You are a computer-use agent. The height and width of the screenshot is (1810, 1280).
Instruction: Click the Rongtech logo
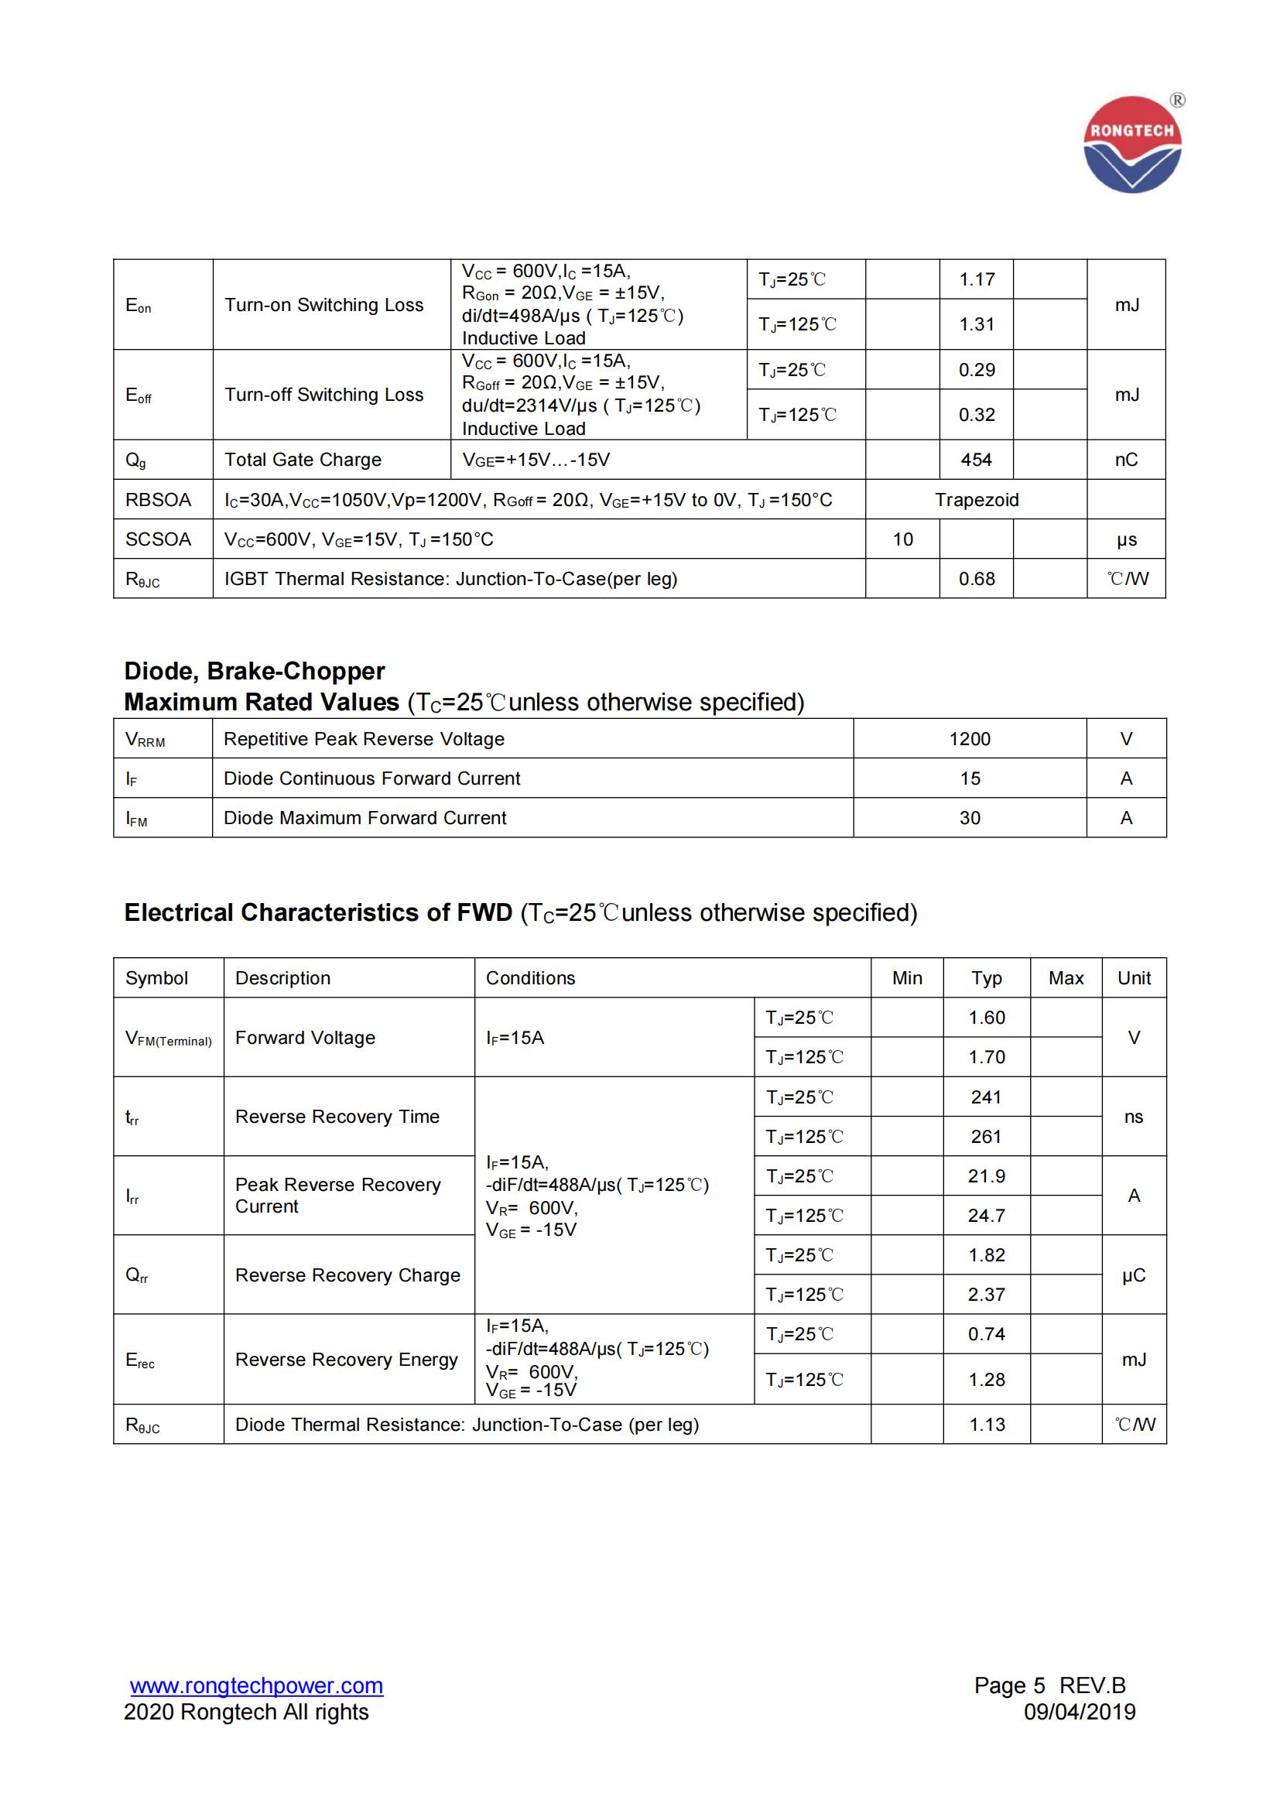[1133, 144]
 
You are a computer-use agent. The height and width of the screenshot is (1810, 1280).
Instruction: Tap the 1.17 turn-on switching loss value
[977, 279]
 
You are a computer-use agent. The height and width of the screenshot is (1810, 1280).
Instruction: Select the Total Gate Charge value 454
[976, 460]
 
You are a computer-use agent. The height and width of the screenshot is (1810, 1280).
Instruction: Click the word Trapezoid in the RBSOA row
[977, 500]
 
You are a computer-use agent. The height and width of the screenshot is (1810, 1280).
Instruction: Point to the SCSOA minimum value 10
[902, 539]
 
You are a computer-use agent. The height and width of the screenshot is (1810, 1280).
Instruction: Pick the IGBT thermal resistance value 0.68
[977, 579]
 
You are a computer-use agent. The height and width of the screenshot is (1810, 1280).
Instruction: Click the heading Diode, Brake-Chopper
[255, 671]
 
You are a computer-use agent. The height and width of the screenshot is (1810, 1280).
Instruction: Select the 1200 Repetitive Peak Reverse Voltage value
[970, 739]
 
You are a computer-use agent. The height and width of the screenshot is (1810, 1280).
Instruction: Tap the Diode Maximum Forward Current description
[365, 817]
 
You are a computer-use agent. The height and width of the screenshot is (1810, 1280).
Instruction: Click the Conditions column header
[530, 977]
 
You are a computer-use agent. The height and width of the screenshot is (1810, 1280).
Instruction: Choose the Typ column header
[987, 977]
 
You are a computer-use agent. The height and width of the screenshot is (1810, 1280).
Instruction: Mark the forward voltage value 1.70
[987, 1057]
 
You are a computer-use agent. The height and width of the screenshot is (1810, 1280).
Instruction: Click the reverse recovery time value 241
[986, 1097]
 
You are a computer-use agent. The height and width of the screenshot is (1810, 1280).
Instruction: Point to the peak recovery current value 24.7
[987, 1216]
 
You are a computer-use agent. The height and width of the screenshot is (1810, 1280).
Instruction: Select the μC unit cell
[1134, 1275]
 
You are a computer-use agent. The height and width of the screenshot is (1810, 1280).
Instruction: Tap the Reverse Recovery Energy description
[346, 1359]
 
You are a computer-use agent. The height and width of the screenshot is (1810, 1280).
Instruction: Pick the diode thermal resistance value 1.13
[987, 1425]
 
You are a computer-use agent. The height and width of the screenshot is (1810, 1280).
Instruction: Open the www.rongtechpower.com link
[257, 1685]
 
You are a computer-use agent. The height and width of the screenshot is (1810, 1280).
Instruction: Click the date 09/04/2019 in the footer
[1079, 1712]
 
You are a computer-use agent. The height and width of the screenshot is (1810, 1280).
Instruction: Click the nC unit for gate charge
[1126, 460]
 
